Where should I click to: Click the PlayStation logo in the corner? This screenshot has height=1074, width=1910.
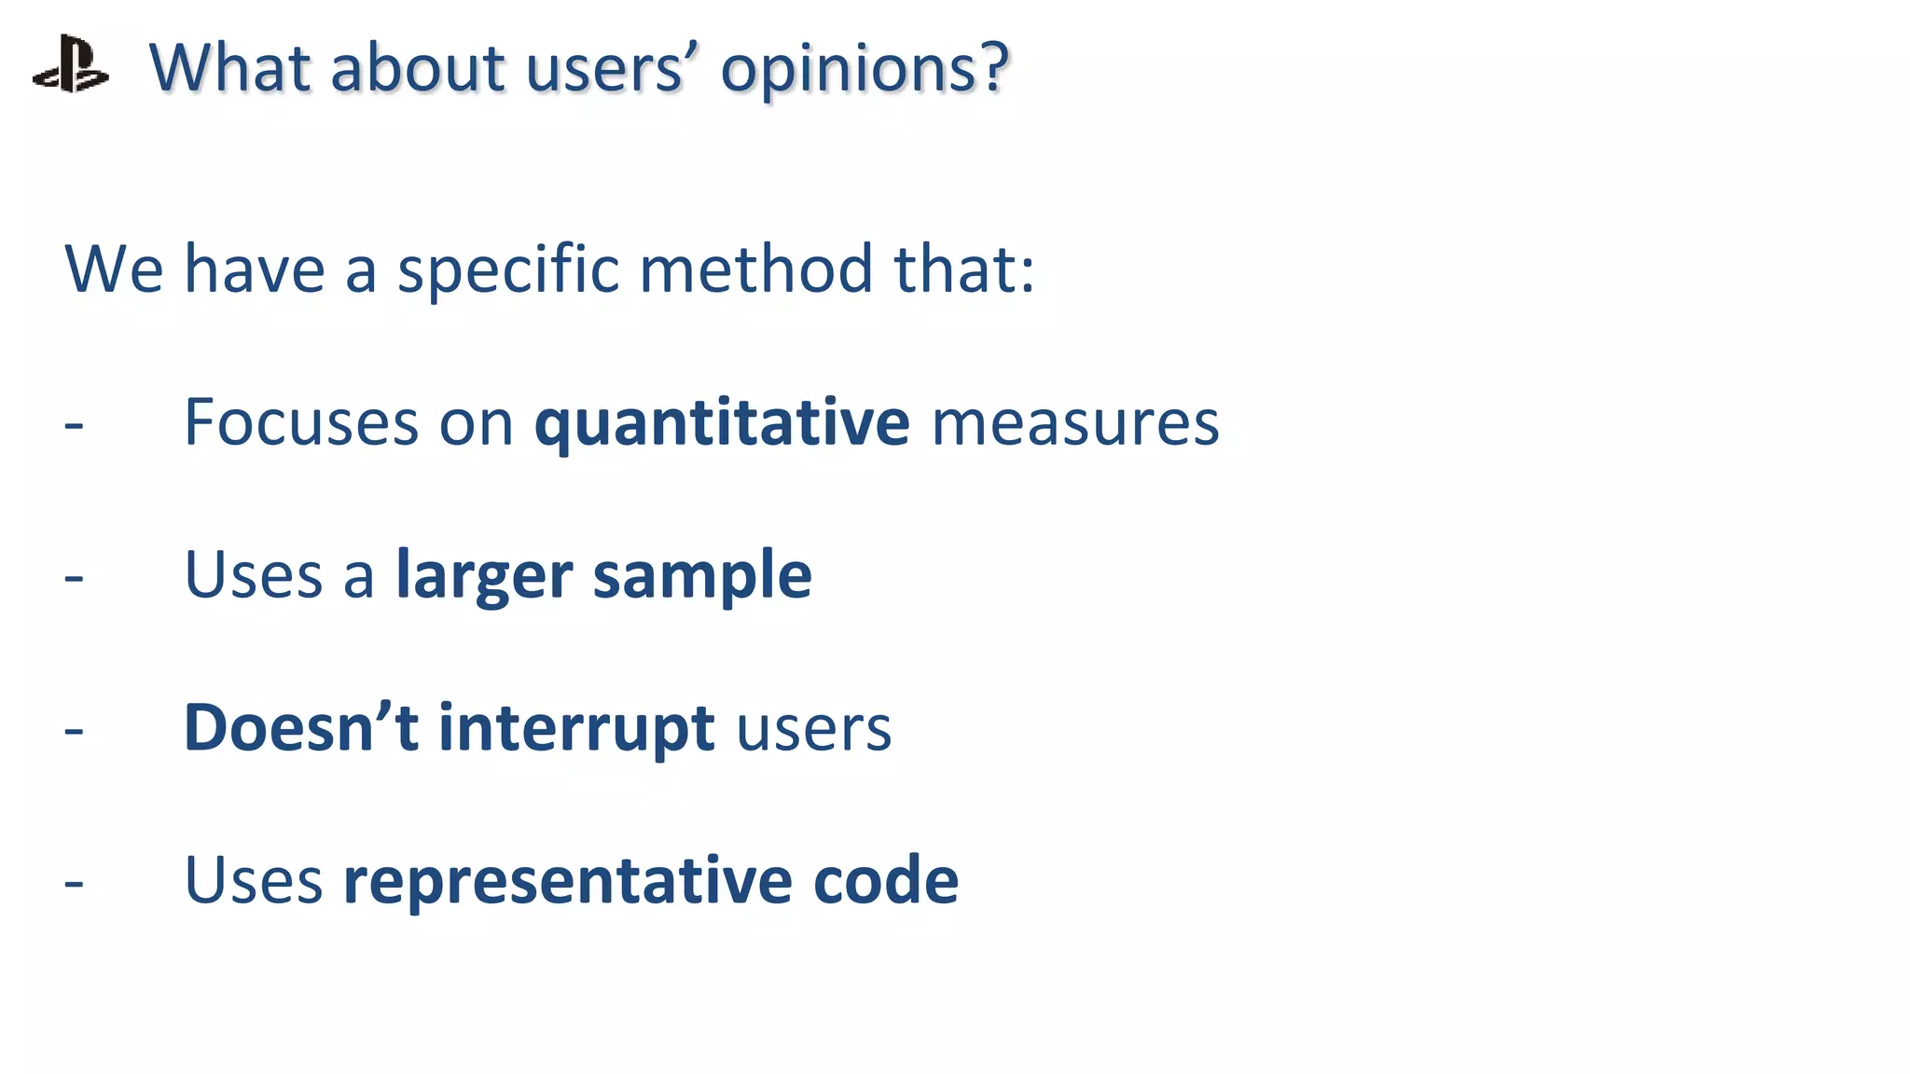(x=71, y=64)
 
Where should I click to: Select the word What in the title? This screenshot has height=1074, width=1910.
(x=229, y=67)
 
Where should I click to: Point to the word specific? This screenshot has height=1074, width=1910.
(x=508, y=270)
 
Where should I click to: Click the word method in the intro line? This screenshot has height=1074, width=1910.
(x=755, y=268)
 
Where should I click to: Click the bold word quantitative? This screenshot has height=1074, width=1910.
(x=721, y=423)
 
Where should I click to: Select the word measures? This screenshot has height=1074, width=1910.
(x=1074, y=423)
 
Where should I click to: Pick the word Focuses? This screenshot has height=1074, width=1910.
(x=300, y=421)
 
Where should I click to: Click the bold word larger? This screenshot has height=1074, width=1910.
(x=484, y=576)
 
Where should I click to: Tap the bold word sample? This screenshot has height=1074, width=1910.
(x=702, y=576)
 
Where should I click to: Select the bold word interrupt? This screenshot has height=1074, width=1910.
(x=576, y=729)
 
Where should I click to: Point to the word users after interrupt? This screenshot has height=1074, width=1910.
(x=813, y=729)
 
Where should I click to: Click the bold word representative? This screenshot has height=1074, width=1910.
(x=567, y=880)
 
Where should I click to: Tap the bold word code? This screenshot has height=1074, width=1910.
(x=885, y=880)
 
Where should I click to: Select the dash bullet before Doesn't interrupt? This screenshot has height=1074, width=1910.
(x=74, y=731)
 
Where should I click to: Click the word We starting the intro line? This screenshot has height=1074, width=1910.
(x=114, y=268)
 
